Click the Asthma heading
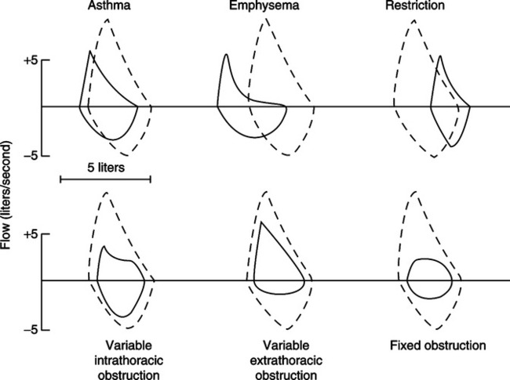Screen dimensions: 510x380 pos(109,5)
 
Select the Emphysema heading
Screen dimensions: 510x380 pos(264,5)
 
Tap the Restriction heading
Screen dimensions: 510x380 pos(415,5)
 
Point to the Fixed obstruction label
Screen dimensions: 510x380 pos(438,346)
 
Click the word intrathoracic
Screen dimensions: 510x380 pos(129,360)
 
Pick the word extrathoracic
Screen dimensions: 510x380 pos(286,360)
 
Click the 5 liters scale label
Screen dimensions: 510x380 pos(106,168)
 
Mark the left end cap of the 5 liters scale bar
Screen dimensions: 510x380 pos(60,179)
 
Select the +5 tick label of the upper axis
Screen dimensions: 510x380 pos(31,61)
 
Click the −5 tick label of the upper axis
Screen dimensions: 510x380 pos(31,156)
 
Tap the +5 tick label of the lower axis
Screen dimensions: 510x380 pos(31,234)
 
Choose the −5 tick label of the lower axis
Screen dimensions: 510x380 pos(31,330)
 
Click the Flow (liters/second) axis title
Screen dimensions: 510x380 pos(5,195)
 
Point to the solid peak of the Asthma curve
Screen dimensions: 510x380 pos(89,51)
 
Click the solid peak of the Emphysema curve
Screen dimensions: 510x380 pos(227,54)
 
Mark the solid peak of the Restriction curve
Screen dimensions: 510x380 pos(439,56)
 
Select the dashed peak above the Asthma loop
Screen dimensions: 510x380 pos(107,20)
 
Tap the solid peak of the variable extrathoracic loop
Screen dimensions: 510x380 pos(260,222)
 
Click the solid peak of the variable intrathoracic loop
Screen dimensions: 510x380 pos(104,246)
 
